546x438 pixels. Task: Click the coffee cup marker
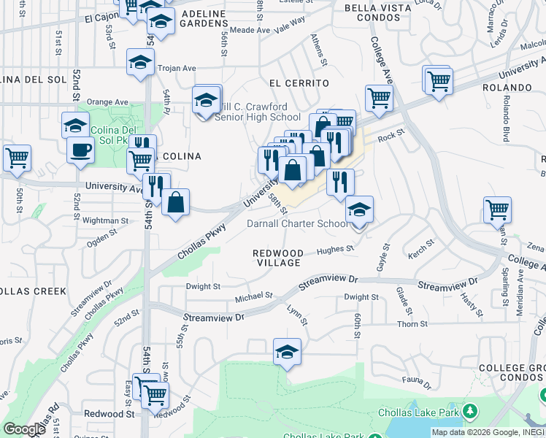pyautogui.click(x=80, y=150)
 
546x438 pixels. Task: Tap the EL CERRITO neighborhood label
pyautogui.click(x=299, y=83)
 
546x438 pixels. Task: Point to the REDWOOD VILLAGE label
pyautogui.click(x=277, y=258)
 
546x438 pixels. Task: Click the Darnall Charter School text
pyautogui.click(x=298, y=223)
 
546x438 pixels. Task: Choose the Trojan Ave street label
pyautogui.click(x=178, y=68)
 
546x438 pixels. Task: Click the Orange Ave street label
pyautogui.click(x=107, y=102)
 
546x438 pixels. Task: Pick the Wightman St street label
pyautogui.click(x=106, y=220)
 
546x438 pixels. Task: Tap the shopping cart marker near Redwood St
pyautogui.click(x=154, y=394)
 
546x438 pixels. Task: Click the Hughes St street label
pyautogui.click(x=334, y=250)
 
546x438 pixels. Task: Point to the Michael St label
pyautogui.click(x=253, y=297)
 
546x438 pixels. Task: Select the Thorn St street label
pyautogui.click(x=412, y=323)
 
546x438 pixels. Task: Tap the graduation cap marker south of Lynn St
pyautogui.click(x=288, y=353)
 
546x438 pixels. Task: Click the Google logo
pyautogui.click(x=24, y=429)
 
